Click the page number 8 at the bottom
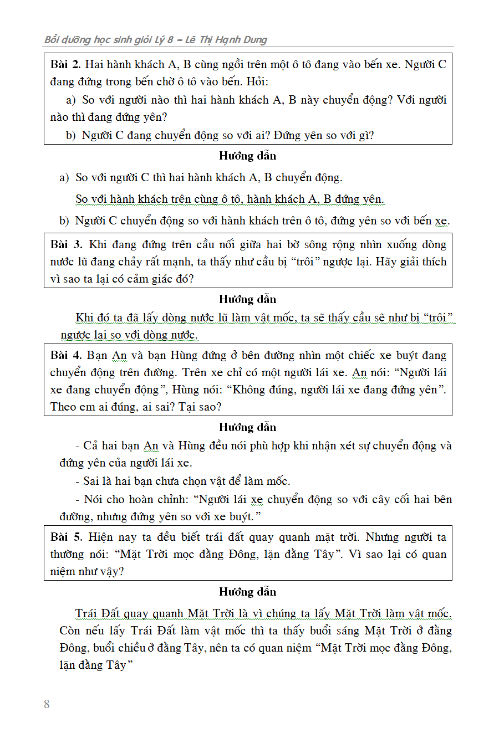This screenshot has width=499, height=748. tap(47, 704)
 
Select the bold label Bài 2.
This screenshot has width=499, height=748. tap(65, 65)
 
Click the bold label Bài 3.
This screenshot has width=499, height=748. tap(66, 245)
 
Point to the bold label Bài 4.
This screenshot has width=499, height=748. tap(66, 356)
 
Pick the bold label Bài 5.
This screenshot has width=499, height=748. tap(66, 537)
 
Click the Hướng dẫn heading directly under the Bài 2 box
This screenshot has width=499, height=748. tap(247, 156)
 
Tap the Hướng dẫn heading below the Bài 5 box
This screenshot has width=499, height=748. tap(247, 592)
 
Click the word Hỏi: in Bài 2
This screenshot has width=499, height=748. tap(257, 82)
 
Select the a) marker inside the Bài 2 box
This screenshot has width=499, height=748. tap(70, 100)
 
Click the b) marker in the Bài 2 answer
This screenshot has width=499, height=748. tap(64, 221)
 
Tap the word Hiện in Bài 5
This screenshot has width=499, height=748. tap(101, 537)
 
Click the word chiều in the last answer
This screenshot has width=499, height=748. tap(129, 648)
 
